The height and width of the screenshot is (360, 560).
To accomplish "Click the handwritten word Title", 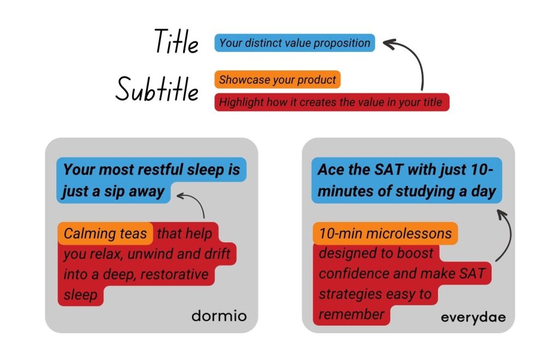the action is (177, 42).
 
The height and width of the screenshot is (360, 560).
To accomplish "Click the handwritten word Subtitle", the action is (157, 89).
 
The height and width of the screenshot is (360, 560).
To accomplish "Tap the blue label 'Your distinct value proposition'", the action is (295, 43).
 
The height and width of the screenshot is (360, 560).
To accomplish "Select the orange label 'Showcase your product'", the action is (277, 79).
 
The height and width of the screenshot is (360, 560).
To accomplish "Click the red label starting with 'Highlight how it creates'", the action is (332, 102).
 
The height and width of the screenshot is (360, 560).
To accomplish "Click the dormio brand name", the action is (219, 316).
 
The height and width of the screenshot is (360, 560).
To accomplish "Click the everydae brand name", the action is (473, 317).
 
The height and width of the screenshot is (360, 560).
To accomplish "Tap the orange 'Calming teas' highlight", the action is (106, 234).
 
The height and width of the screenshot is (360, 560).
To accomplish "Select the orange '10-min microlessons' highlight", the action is (386, 234).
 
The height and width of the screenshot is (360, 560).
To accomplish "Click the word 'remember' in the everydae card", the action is (351, 314).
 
